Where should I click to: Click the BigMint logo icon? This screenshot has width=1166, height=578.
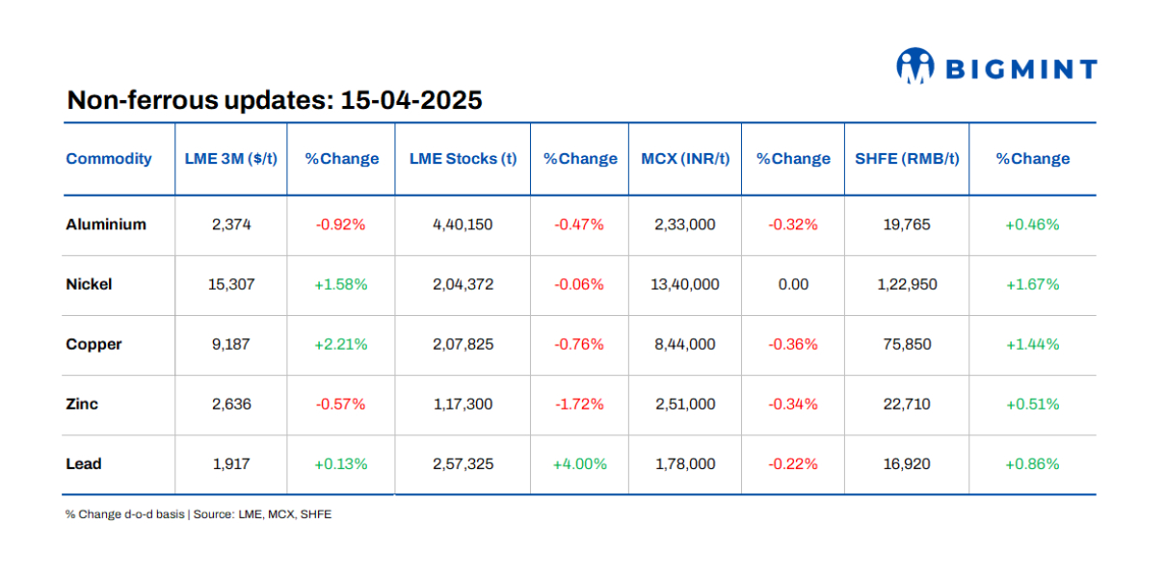[x=915, y=66]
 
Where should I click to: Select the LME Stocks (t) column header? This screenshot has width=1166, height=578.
[x=463, y=159]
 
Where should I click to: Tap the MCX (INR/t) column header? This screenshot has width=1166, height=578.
[x=685, y=159]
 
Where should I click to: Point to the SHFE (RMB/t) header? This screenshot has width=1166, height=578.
[x=907, y=159]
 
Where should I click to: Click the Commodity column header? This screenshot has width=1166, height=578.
[x=109, y=159]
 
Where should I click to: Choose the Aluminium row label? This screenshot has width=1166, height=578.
[x=106, y=224]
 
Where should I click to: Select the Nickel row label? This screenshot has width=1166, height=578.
[x=89, y=284]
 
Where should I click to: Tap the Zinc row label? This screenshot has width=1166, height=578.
[x=82, y=404]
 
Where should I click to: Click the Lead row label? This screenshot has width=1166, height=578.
[x=84, y=463]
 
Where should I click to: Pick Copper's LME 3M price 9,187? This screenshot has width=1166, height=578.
[x=231, y=344]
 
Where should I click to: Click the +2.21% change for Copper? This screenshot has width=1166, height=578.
[x=341, y=344]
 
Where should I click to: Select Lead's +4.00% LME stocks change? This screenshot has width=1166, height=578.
[x=579, y=463]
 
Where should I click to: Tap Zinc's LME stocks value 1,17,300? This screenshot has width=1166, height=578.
[x=463, y=404]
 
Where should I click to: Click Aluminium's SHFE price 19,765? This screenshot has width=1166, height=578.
[x=907, y=224]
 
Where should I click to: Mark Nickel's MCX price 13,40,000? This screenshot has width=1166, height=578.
[x=685, y=284]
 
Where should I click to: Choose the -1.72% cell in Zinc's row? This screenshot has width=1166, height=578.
[x=579, y=404]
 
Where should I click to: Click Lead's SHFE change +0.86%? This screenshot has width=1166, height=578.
[x=1032, y=463]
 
